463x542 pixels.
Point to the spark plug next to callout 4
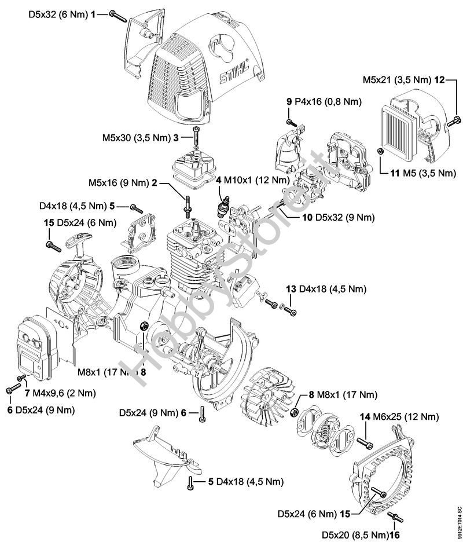pyautogui.click(x=222, y=207)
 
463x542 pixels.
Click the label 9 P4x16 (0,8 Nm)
pyautogui.click(x=324, y=102)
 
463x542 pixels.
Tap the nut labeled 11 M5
pyautogui.click(x=379, y=151)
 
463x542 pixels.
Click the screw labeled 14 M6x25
pyautogui.click(x=366, y=442)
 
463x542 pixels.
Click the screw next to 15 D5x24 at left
pyautogui.click(x=53, y=246)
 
